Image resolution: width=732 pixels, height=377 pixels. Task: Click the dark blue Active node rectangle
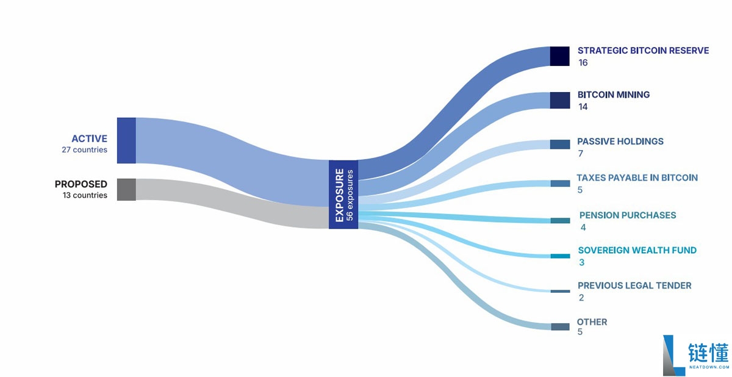(126, 140)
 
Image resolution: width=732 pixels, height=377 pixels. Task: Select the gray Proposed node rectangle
(126, 190)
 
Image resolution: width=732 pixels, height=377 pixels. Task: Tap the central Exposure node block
(343, 195)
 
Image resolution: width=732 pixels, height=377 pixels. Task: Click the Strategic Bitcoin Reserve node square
(560, 56)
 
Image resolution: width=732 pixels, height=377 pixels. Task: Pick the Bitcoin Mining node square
(560, 100)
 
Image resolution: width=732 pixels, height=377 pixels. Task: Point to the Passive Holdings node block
(560, 145)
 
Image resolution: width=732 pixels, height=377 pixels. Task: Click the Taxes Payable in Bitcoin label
(637, 178)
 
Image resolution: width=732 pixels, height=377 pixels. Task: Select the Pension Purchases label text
(628, 215)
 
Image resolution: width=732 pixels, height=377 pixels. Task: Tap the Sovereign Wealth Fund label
(637, 250)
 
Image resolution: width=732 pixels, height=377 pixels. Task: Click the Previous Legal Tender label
(634, 285)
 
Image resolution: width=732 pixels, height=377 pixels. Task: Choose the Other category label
(592, 322)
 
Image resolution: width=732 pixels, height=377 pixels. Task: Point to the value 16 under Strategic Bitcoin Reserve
(583, 63)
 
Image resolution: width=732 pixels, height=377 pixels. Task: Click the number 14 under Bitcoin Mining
(583, 107)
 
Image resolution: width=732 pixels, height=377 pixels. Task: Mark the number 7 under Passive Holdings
(580, 154)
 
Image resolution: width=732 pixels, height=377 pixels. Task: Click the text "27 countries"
(84, 149)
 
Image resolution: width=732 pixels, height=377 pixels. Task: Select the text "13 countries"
(85, 195)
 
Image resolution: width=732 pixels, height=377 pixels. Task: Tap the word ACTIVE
(89, 139)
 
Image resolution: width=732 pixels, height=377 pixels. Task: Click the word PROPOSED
(81, 184)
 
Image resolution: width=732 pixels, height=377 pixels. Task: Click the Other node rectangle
(560, 327)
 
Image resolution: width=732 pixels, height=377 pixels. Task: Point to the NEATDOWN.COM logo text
(709, 367)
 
